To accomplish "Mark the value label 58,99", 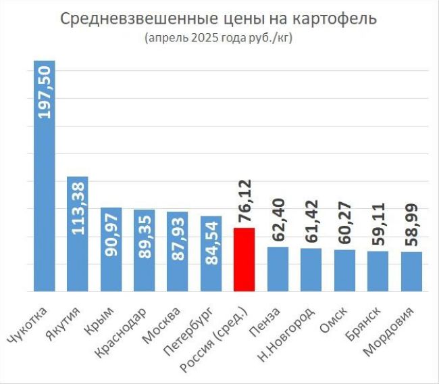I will tap(411, 224).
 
